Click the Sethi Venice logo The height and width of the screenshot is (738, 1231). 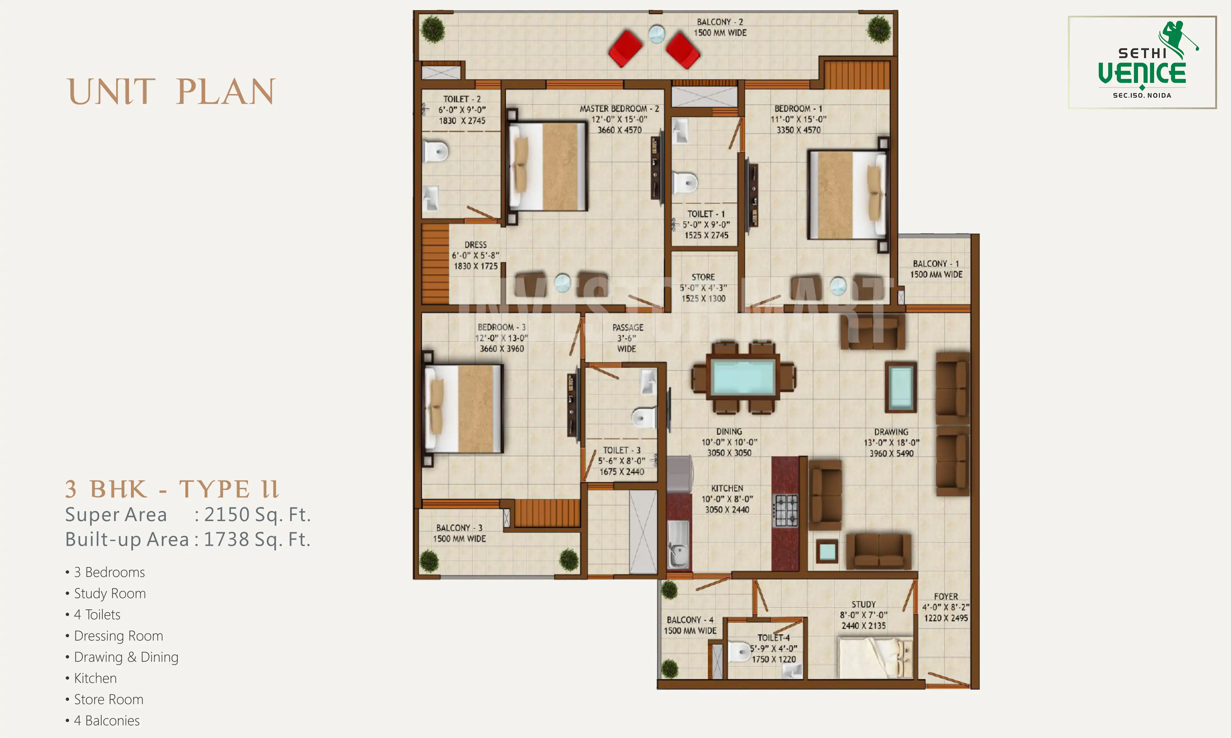[x=1142, y=62]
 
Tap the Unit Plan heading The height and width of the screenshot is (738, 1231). [x=171, y=92]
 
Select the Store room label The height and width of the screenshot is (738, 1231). [x=703, y=277]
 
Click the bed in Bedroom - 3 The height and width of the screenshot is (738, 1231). [x=463, y=409]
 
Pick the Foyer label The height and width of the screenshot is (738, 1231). [x=945, y=596]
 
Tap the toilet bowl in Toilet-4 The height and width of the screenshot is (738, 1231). [x=740, y=652]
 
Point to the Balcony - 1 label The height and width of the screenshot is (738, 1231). [x=936, y=264]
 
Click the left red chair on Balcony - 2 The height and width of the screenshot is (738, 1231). [x=625, y=49]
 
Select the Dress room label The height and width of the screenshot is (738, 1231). [x=475, y=245]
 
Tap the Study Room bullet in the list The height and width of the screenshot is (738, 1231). [x=110, y=593]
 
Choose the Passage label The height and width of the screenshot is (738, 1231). [x=628, y=328]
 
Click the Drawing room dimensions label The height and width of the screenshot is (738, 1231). [x=891, y=442]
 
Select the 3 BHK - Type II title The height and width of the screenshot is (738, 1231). [x=172, y=489]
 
